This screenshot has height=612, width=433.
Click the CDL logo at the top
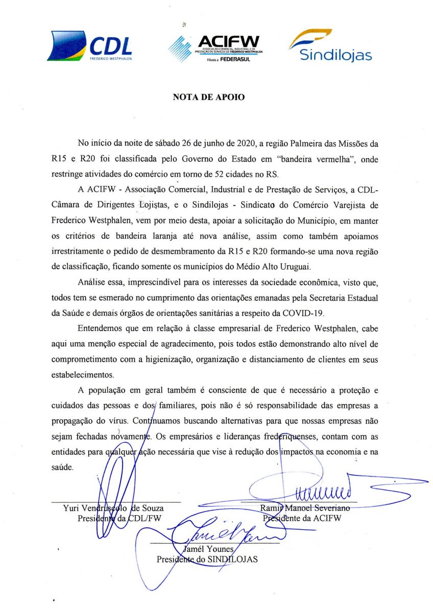[90, 46]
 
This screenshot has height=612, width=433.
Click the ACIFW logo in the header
[214, 49]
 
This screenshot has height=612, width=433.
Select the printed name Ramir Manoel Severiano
[305, 508]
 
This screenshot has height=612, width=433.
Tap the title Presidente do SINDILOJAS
[207, 559]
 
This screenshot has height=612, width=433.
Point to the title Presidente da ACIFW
[302, 518]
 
